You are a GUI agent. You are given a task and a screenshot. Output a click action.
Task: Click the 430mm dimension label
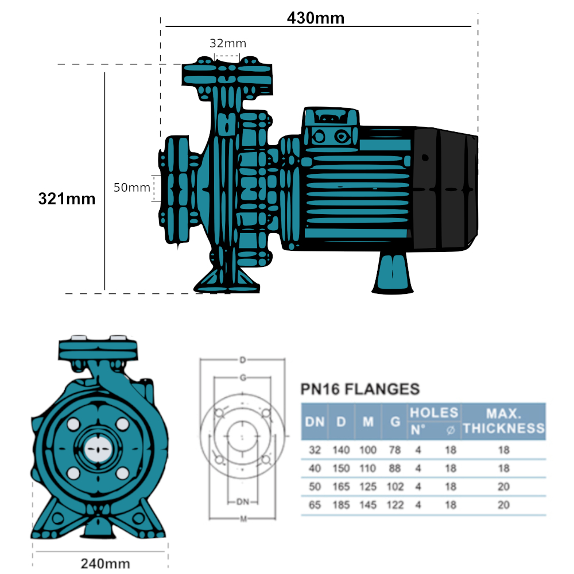pyautogui.click(x=316, y=18)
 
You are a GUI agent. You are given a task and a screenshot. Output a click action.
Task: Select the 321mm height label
pyautogui.click(x=67, y=199)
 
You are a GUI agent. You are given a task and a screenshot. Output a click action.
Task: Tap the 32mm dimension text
pyautogui.click(x=227, y=43)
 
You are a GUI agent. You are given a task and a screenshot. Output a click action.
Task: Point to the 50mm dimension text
pyautogui.click(x=131, y=188)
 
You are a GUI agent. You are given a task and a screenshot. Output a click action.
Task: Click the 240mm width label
pyautogui.click(x=105, y=564)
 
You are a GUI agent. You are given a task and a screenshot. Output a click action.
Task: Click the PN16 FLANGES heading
pyautogui.click(x=360, y=389)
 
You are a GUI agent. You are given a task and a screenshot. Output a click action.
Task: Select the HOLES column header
pyautogui.click(x=433, y=413)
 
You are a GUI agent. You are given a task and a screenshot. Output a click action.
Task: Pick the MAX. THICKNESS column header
pyautogui.click(x=503, y=421)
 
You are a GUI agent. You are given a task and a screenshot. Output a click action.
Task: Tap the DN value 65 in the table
pyautogui.click(x=314, y=505)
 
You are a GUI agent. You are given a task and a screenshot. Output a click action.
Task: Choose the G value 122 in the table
pyautogui.click(x=395, y=505)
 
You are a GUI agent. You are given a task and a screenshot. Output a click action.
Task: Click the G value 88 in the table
pyautogui.click(x=395, y=468)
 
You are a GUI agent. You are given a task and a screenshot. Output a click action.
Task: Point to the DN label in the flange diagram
pyautogui.click(x=243, y=502)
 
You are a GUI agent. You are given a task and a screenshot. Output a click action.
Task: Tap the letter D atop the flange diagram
pyautogui.click(x=243, y=360)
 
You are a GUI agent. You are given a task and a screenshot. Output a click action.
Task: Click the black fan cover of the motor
pyautogui.click(x=445, y=189)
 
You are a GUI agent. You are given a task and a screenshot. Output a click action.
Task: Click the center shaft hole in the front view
pyautogui.click(x=98, y=448)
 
